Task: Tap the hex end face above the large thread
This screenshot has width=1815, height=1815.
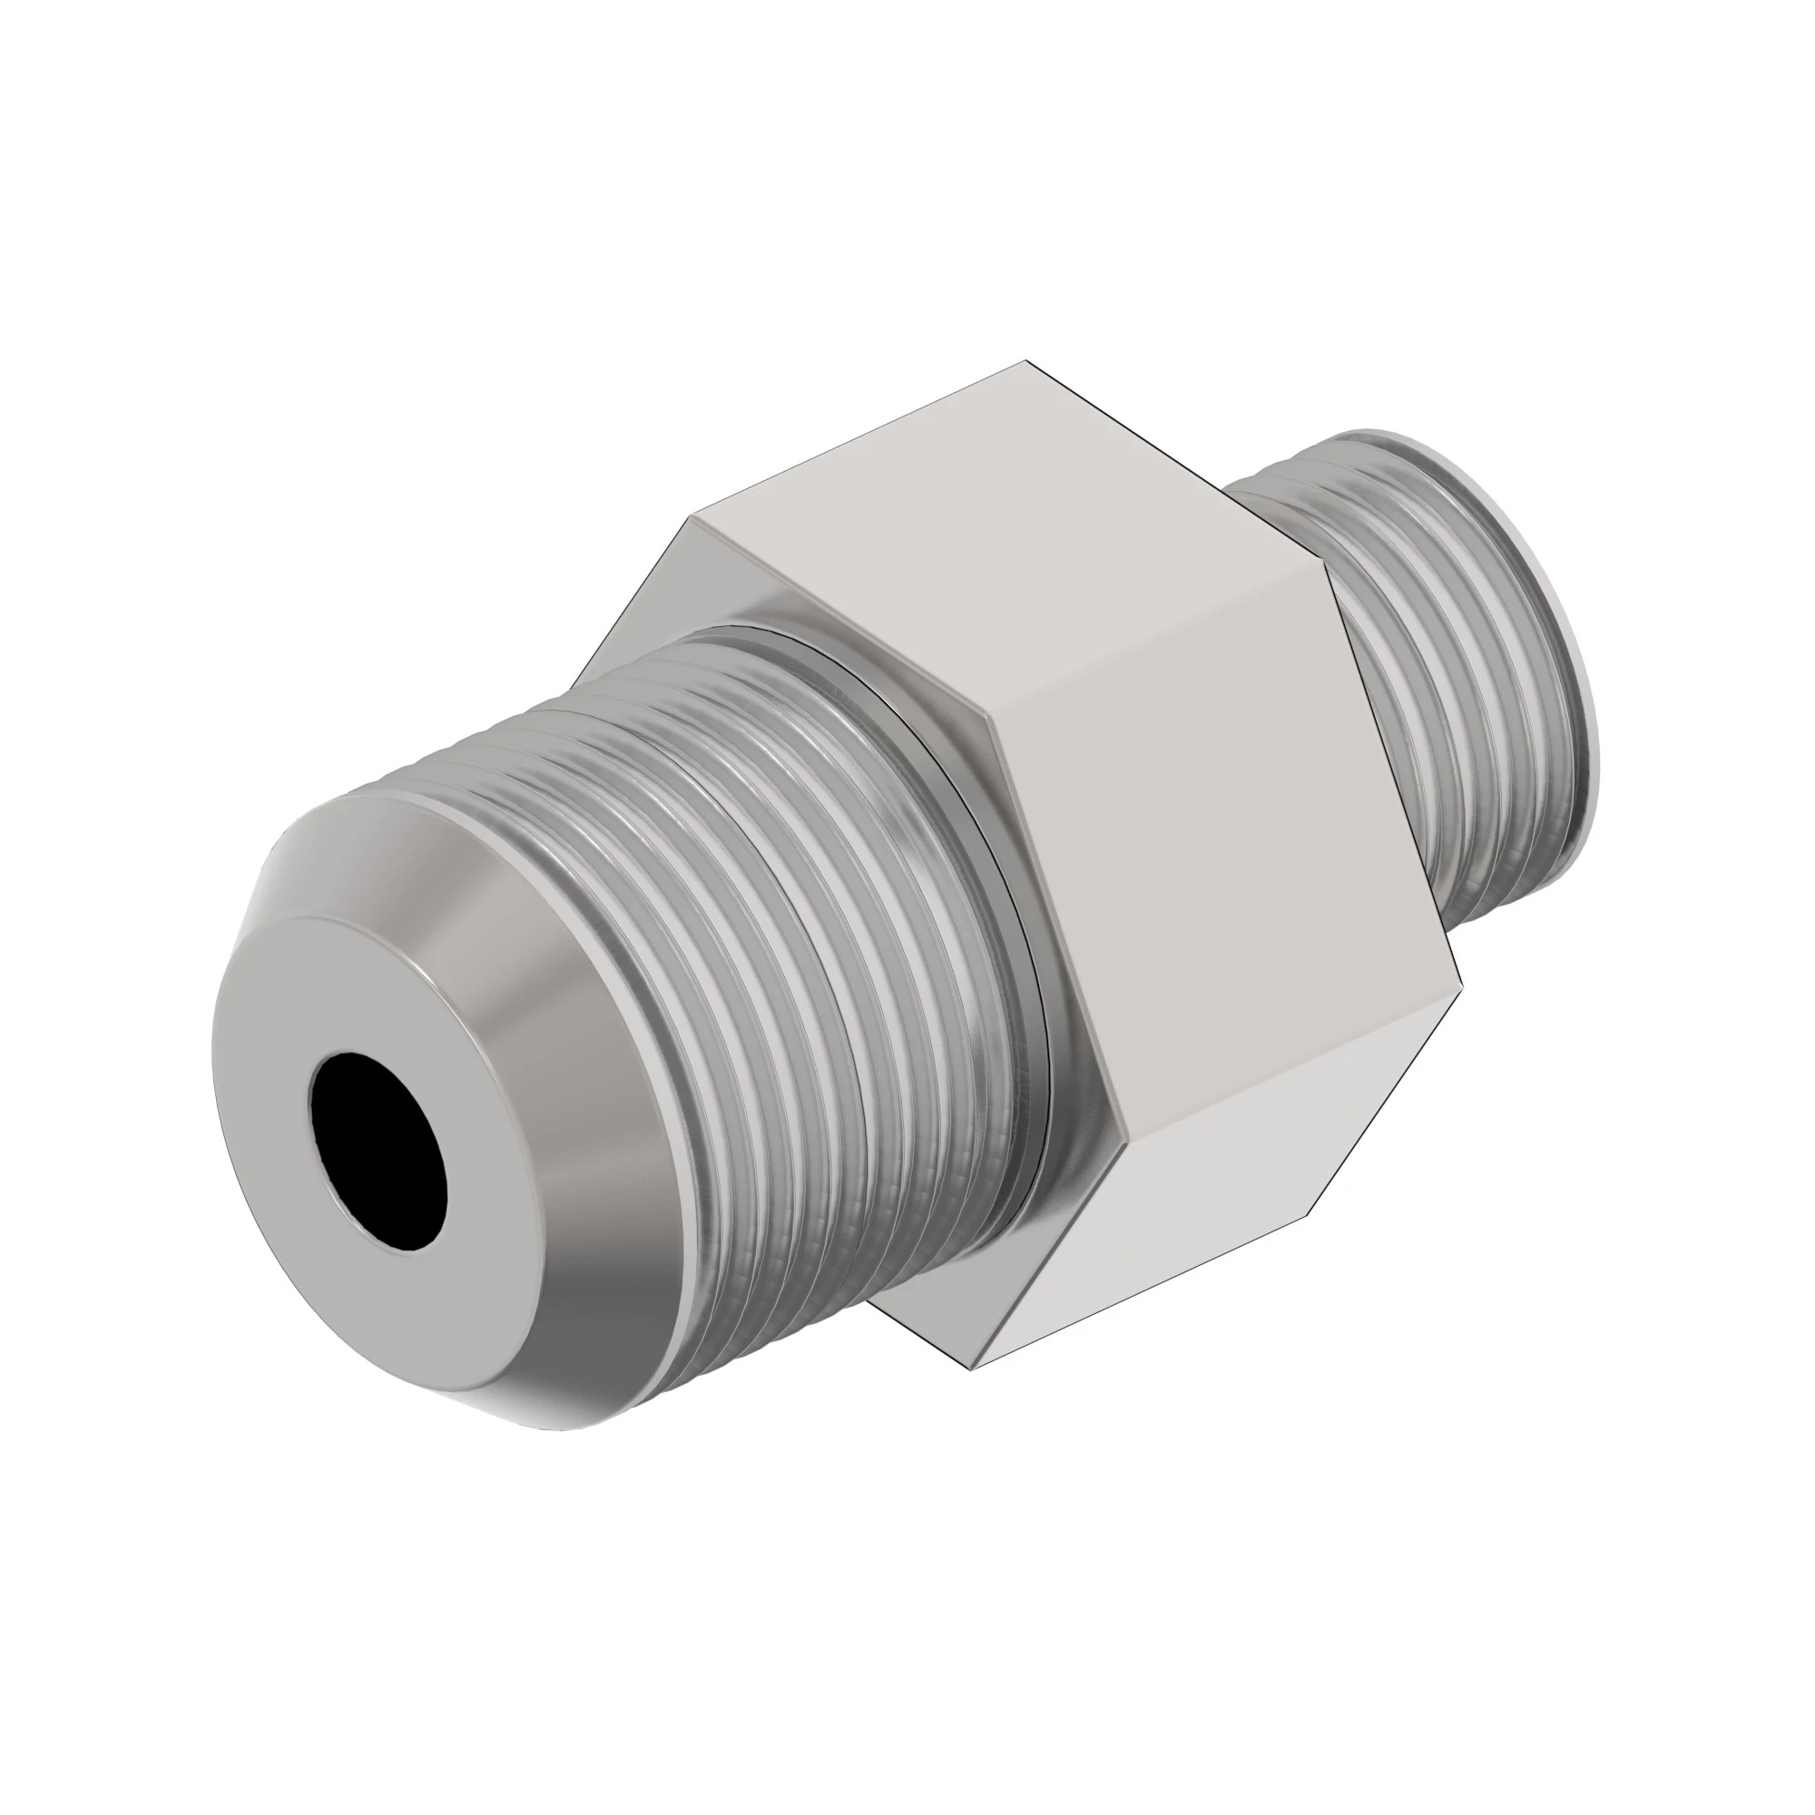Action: tap(695, 583)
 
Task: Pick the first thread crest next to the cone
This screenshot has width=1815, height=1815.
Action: tap(602, 939)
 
